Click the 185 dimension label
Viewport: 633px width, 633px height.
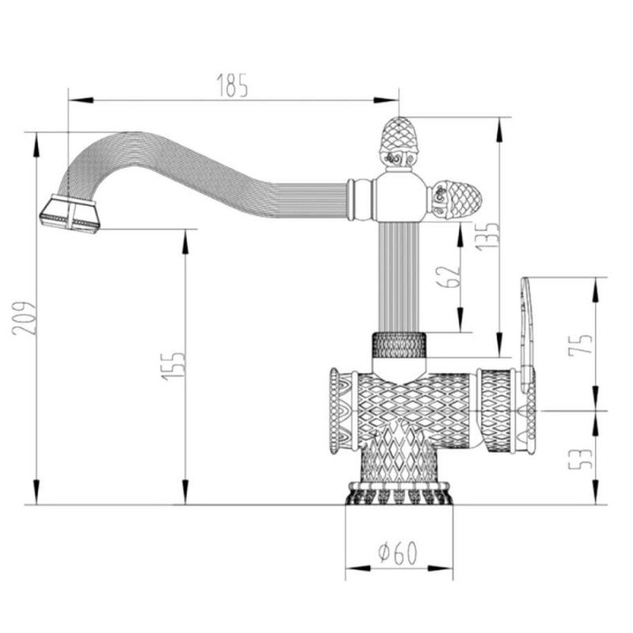[232, 85]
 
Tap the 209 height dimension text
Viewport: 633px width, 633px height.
[25, 318]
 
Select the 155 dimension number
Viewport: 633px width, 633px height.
[173, 366]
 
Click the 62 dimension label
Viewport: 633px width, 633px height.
[449, 277]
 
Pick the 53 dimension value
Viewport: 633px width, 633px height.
[581, 459]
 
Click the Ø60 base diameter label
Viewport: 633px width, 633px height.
[398, 552]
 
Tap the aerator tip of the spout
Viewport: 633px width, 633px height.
[70, 214]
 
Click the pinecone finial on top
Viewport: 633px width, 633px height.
[399, 143]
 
